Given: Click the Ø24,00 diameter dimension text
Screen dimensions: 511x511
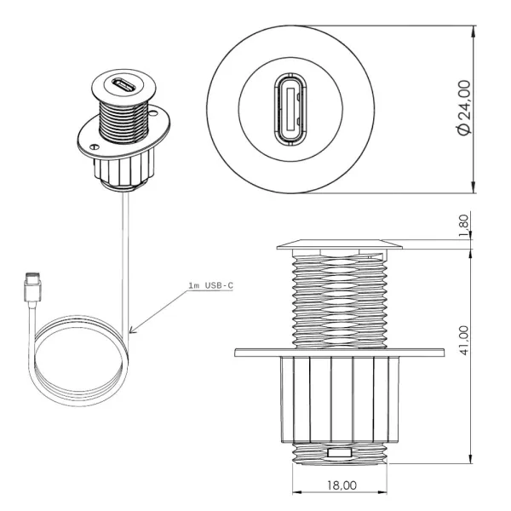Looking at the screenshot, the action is click(x=463, y=108).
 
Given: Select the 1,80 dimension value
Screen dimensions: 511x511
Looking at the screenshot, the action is click(x=463, y=226).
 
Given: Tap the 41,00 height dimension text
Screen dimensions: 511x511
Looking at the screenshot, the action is click(x=463, y=340).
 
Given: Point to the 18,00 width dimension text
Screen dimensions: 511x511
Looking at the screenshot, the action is click(x=342, y=485).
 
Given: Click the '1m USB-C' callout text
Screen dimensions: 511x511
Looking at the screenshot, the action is click(x=211, y=285).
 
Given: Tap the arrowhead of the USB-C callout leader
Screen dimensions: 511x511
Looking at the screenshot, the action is click(x=133, y=330).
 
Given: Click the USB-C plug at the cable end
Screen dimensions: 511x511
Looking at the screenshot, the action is click(x=32, y=287).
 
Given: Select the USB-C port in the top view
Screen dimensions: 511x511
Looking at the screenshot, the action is click(x=290, y=109).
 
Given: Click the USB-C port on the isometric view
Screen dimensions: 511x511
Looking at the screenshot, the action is click(x=123, y=86).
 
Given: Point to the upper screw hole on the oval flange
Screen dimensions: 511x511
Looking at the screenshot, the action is click(x=152, y=114).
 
